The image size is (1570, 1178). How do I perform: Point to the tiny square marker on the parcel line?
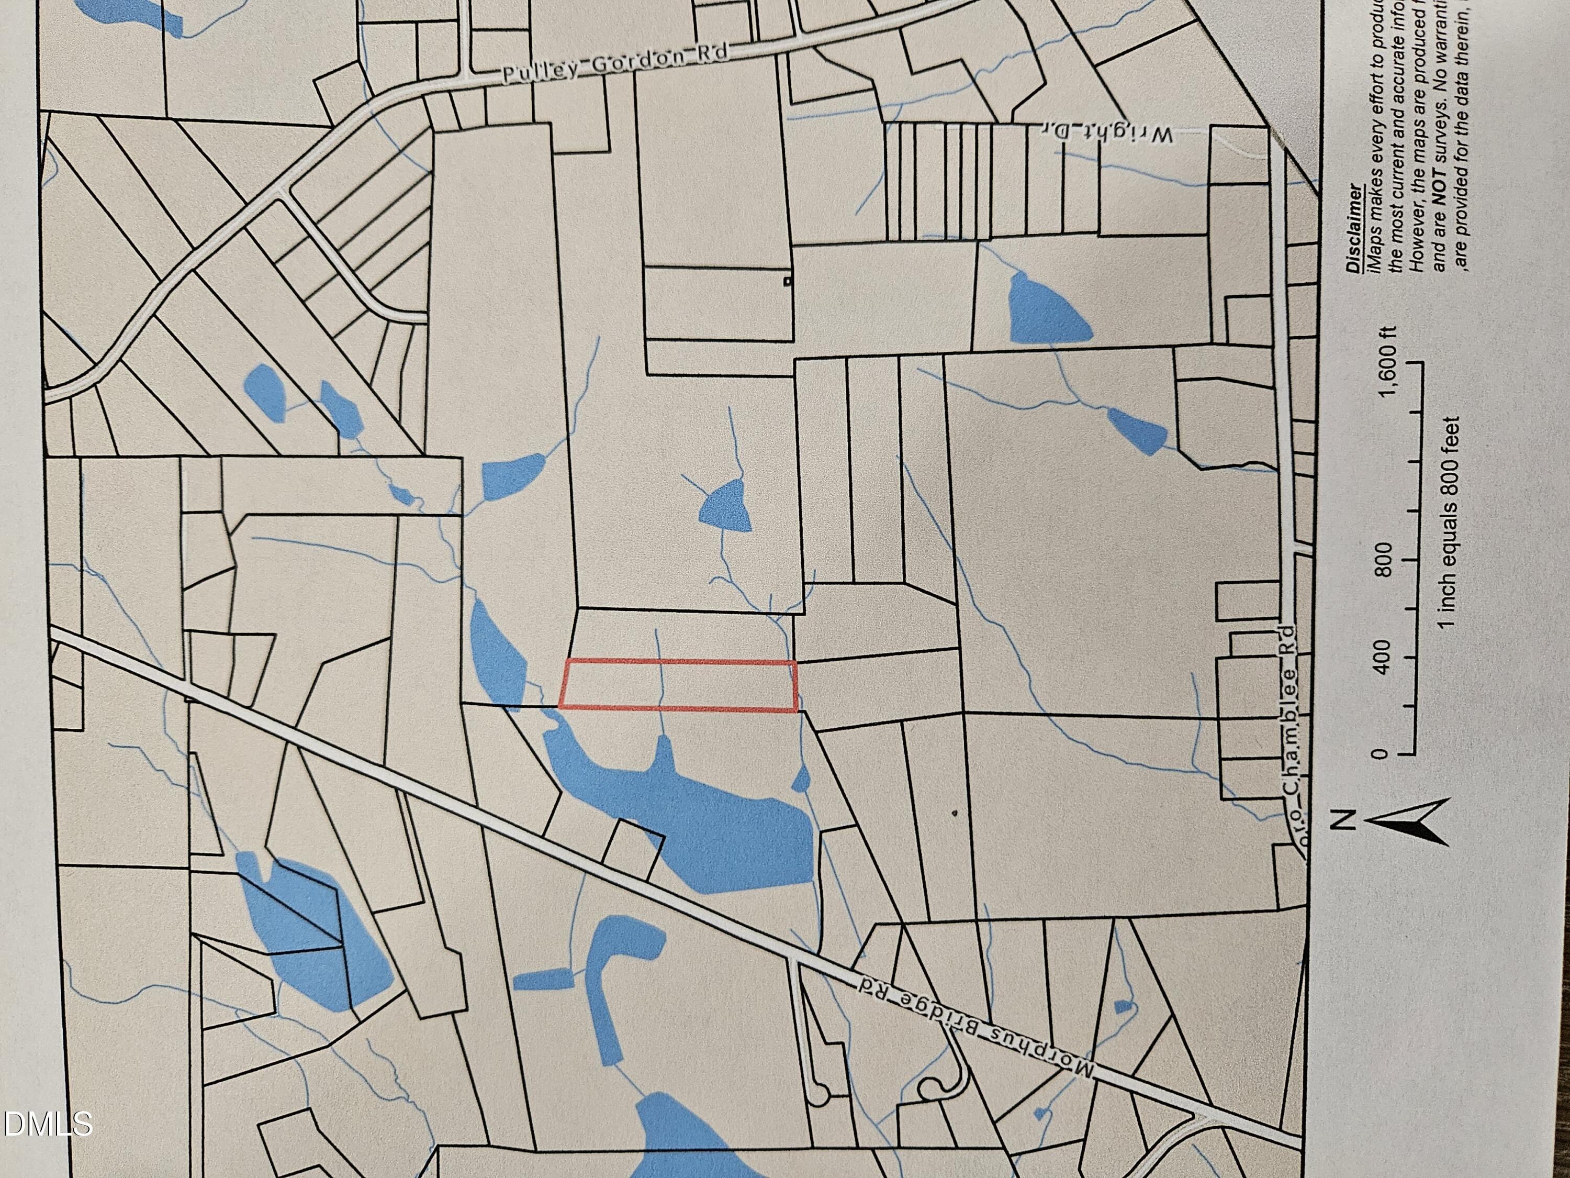(787, 282)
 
